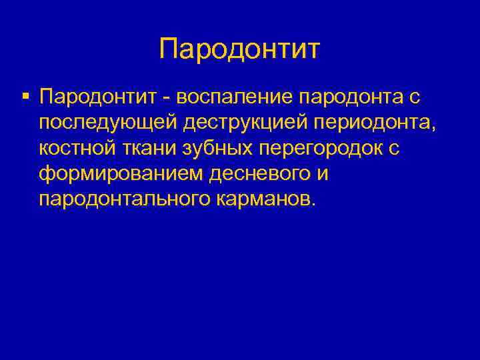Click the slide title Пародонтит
[x=240, y=49]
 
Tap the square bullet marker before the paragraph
[x=25, y=97]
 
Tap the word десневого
[x=261, y=173]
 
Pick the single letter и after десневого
[x=324, y=173]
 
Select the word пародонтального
[x=125, y=198]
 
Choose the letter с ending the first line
[x=415, y=99]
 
